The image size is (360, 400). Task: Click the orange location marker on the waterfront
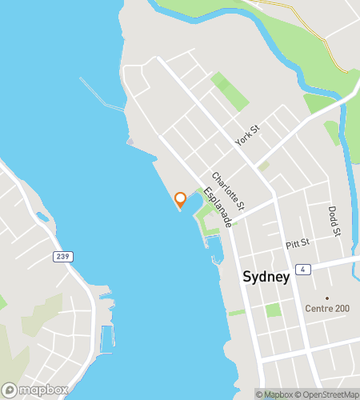point(180,199)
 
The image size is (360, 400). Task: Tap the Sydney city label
point(265,277)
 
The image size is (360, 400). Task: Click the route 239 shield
point(62,257)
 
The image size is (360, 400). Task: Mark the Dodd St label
point(334,221)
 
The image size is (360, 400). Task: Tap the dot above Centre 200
point(326,298)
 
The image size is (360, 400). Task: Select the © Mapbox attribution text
point(275,394)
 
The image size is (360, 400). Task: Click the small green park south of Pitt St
point(274,310)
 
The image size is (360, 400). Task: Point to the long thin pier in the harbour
point(102,94)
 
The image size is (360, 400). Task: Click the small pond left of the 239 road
point(42,217)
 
